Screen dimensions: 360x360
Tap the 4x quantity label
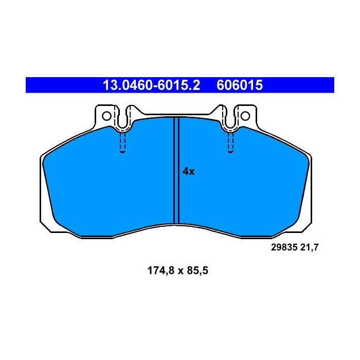click(189, 172)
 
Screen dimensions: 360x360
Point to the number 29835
click(283, 247)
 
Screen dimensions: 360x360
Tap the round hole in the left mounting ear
click(106, 116)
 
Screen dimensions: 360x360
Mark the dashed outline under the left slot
click(122, 143)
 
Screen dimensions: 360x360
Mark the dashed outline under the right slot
click(229, 143)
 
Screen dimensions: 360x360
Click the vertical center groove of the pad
click(176, 170)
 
